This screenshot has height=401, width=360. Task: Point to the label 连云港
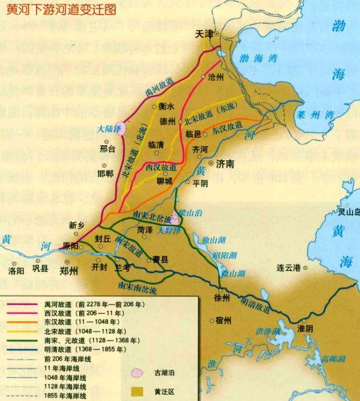(x=288, y=268)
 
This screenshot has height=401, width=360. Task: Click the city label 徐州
(x=222, y=299)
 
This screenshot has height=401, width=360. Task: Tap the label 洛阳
(x=17, y=270)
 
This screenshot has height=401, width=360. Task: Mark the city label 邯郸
(x=106, y=173)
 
